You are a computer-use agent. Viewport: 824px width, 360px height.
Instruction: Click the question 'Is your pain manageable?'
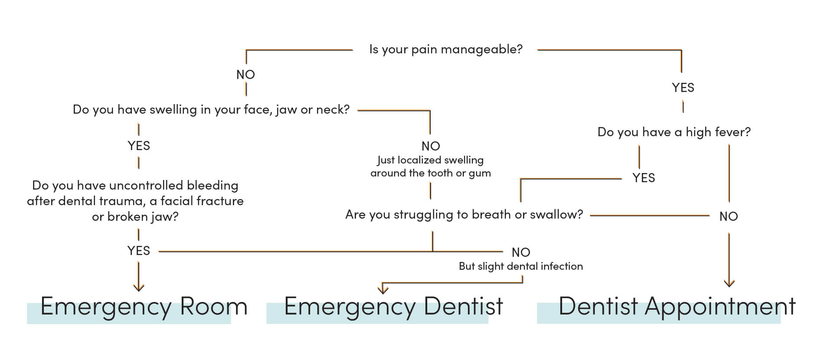click(445, 49)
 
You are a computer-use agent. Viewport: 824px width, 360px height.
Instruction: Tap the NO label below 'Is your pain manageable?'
click(245, 75)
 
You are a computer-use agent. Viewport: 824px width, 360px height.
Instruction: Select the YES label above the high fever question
click(683, 88)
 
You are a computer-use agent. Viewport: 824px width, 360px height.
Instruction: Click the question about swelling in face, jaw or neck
click(211, 110)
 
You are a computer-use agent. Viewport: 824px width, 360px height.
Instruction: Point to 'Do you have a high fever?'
click(674, 132)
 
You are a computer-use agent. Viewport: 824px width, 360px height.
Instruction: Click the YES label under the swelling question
click(139, 146)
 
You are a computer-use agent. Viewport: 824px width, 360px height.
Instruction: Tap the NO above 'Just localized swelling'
click(430, 146)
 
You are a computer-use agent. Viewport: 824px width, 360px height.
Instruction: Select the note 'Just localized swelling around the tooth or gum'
click(430, 167)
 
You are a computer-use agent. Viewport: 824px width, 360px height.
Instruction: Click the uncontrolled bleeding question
click(135, 201)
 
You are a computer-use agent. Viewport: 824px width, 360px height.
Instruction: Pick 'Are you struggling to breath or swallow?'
click(464, 214)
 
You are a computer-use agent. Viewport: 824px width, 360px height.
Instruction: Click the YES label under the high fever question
click(643, 178)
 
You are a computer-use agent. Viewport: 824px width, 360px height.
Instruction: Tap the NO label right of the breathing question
click(728, 216)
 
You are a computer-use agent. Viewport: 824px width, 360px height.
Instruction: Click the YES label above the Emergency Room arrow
click(139, 251)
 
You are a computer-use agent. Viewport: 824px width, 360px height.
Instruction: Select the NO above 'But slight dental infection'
click(520, 252)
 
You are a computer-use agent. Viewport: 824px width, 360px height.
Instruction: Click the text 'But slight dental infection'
click(520, 266)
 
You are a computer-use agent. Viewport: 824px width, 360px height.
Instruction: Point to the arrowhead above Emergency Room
click(138, 287)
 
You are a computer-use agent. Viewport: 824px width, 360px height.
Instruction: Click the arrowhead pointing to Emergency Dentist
click(383, 289)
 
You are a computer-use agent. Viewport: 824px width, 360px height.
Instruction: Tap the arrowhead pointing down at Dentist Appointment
click(729, 283)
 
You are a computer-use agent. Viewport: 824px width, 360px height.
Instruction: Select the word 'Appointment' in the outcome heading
click(720, 306)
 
